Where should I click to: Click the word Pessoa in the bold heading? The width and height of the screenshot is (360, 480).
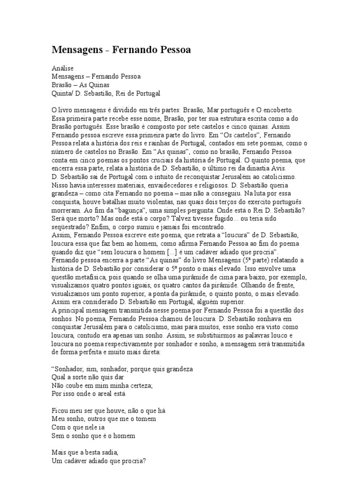169,49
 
